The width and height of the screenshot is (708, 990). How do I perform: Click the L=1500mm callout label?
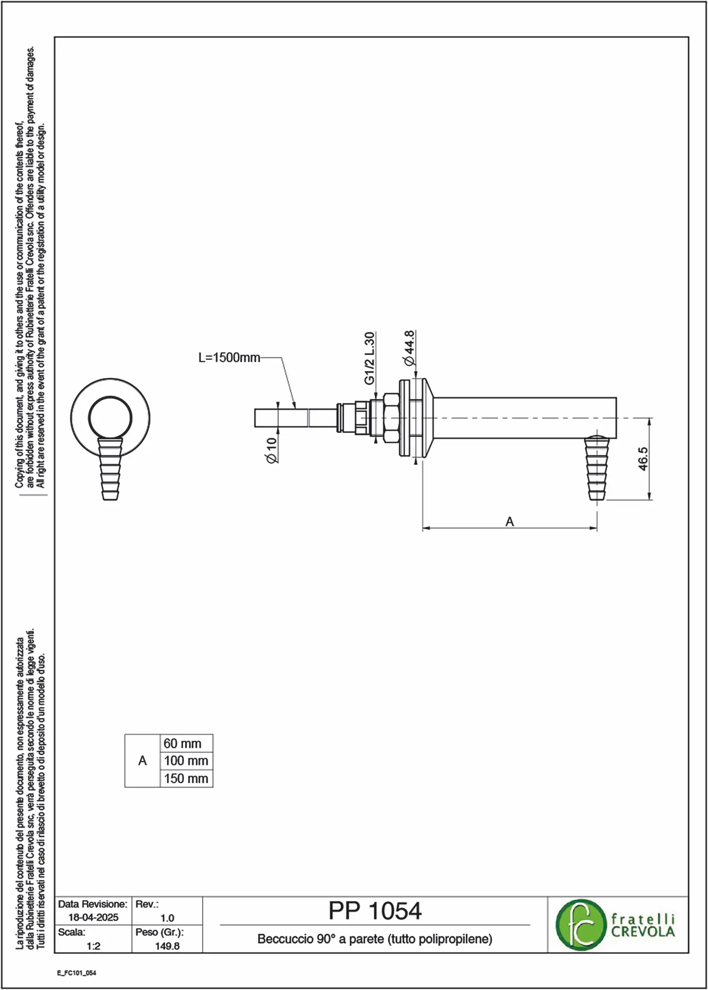pos(229,358)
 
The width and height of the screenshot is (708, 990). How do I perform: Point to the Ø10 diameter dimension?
pos(271,450)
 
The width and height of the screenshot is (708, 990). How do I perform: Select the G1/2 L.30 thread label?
pos(370,358)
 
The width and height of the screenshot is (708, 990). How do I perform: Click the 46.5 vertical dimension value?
pos(643,459)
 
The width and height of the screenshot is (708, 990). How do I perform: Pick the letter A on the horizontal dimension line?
pos(510,522)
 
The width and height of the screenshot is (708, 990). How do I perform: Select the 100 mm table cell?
pos(186,761)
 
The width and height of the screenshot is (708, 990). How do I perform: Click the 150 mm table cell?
pos(186,778)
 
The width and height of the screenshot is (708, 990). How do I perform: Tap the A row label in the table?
pos(143,761)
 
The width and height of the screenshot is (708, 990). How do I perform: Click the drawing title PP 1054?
pos(375,911)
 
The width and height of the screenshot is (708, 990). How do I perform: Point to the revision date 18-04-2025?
pos(93,917)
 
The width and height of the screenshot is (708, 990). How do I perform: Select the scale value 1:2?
pos(93,946)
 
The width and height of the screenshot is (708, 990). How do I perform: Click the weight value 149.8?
pos(167,946)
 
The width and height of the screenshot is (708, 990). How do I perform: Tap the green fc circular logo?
pos(580,924)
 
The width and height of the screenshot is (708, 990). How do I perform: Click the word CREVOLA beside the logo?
pos(643,931)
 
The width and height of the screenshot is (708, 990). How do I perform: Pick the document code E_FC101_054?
pos(76,973)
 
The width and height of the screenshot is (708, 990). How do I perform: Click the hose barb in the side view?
pos(597,468)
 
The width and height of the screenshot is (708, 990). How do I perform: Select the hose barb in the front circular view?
pos(110,469)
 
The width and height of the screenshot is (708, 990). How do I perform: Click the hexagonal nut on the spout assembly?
pos(391,418)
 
